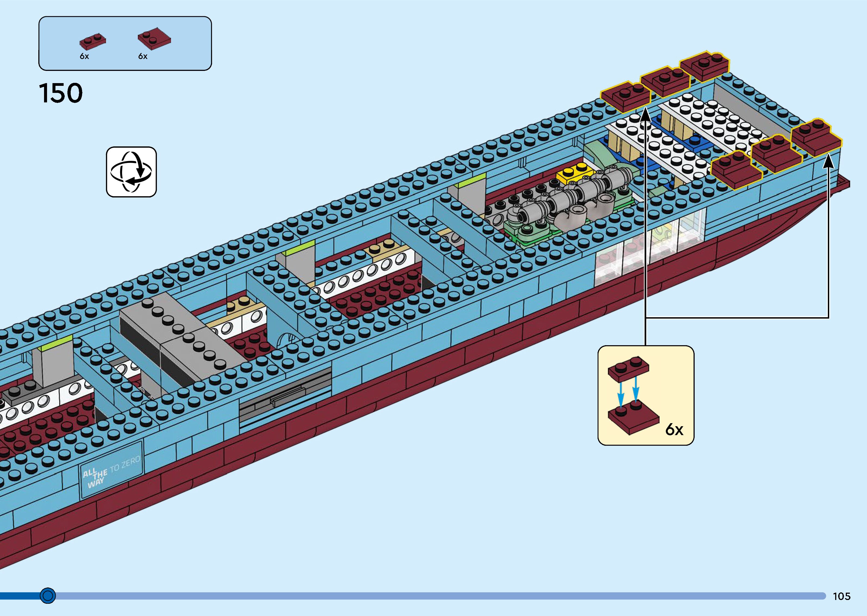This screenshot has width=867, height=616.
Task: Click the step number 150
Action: click(61, 93)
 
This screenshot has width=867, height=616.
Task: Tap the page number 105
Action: click(841, 596)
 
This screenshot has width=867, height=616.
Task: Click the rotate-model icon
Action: click(131, 172)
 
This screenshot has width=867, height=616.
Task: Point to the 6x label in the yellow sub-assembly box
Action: click(674, 429)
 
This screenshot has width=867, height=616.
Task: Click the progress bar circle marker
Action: click(48, 596)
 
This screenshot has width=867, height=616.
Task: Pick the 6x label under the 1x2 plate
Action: click(84, 56)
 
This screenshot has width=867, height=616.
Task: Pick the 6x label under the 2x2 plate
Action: click(143, 56)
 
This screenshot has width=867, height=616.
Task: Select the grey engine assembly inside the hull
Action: click(569, 201)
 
